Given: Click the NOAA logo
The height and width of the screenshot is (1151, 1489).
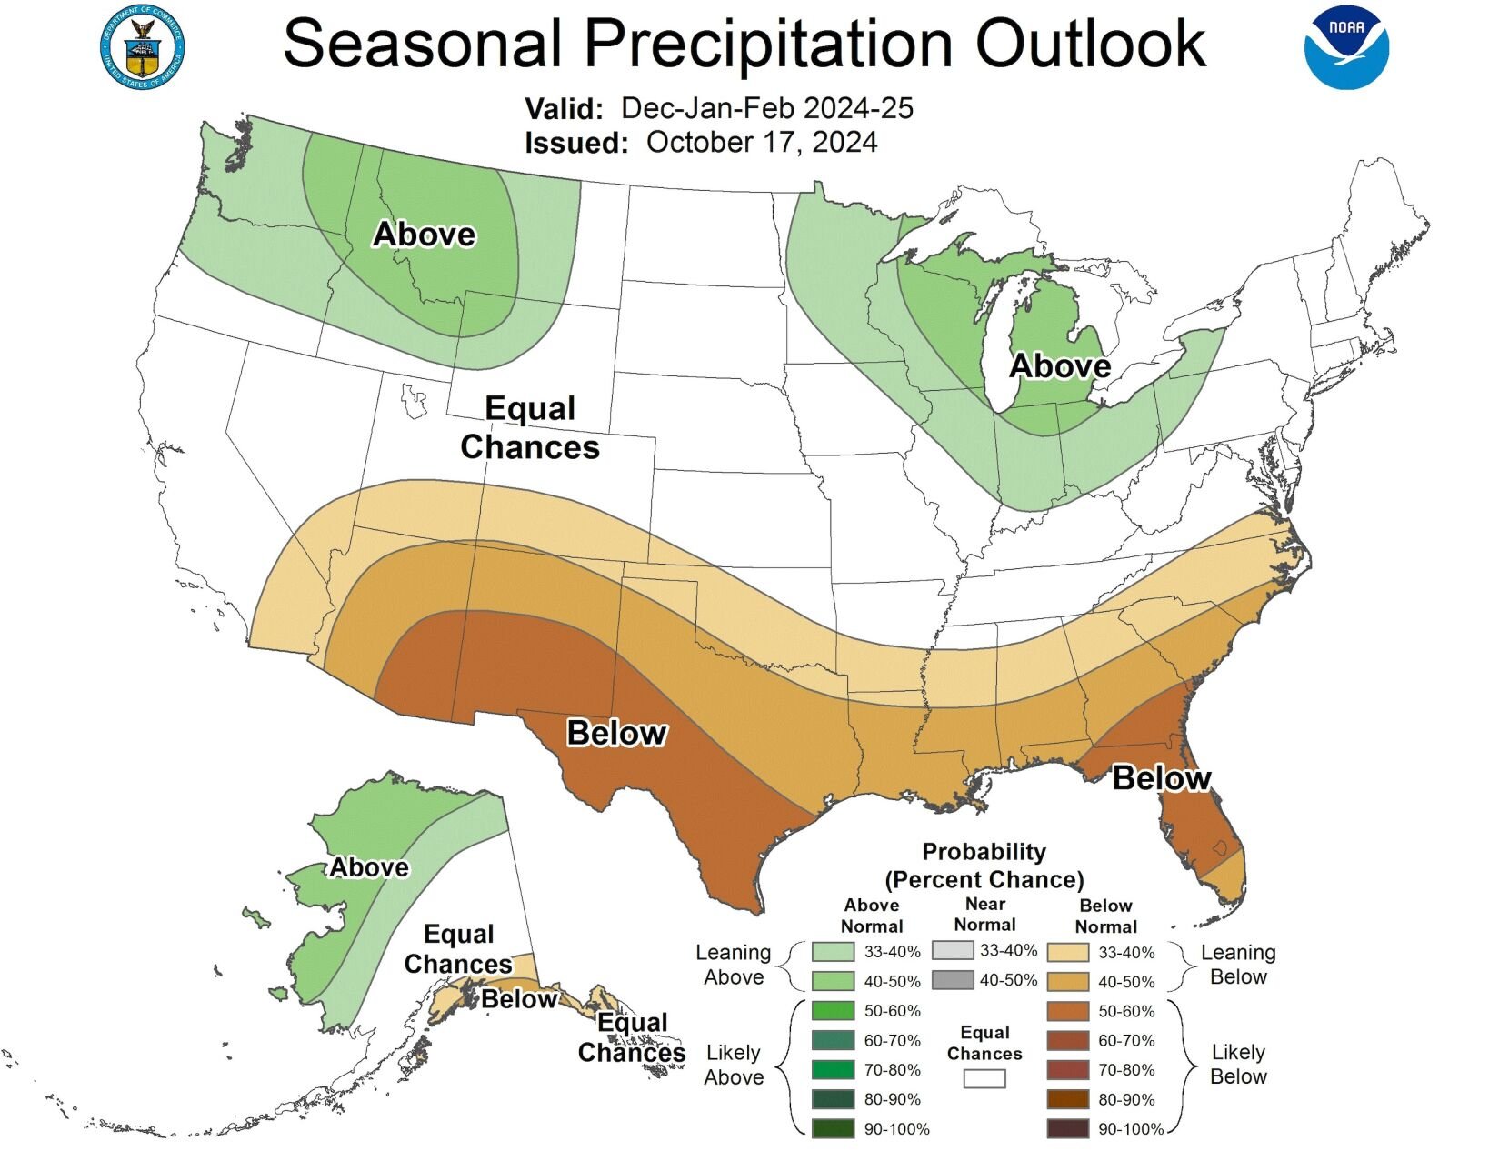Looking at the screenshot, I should [1346, 48].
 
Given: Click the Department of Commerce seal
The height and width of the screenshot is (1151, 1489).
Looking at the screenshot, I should [142, 50].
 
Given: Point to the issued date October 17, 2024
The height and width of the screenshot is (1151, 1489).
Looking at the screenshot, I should [762, 143].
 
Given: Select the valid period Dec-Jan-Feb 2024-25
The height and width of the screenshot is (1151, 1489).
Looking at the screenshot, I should [766, 108].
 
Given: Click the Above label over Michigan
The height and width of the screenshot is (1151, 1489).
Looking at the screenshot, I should [1060, 365].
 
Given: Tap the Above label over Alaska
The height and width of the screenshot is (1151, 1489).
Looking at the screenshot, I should [368, 867].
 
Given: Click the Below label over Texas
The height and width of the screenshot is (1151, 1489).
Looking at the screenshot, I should [616, 733].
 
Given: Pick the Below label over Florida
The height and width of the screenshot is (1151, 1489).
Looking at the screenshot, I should [1161, 778].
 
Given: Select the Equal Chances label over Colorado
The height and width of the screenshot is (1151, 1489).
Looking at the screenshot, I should [530, 427].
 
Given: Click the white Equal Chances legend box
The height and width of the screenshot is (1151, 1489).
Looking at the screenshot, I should [984, 1078].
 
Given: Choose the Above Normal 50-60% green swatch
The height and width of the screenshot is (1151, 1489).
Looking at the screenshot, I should [833, 1010].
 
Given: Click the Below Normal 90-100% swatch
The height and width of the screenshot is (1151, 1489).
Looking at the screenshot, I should [1067, 1128].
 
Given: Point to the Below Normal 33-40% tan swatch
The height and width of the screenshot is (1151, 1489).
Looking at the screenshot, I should [1067, 952].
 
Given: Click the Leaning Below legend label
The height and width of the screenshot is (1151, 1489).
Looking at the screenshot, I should [1238, 965].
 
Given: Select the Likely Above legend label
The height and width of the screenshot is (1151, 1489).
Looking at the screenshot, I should [734, 1065].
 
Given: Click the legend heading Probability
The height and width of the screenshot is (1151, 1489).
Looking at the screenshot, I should [984, 852].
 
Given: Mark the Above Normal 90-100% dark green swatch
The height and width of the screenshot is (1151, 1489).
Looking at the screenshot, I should [833, 1128].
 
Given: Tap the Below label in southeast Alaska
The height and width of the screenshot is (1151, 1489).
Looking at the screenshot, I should [518, 999].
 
